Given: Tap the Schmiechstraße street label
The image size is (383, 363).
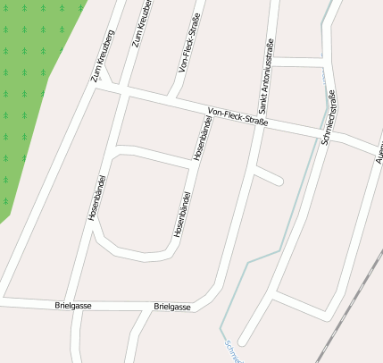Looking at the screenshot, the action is pyautogui.click(x=325, y=115).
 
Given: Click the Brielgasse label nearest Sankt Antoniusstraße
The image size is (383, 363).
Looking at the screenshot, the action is pyautogui.click(x=172, y=307).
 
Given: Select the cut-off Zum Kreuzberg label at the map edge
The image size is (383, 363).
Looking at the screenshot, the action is pyautogui.click(x=143, y=22).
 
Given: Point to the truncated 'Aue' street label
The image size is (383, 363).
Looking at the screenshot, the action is pyautogui.click(x=378, y=151).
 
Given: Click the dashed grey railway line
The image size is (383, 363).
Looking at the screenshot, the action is pyautogui.click(x=348, y=304).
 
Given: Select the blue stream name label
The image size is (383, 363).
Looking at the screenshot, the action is pyautogui.click(x=234, y=351).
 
